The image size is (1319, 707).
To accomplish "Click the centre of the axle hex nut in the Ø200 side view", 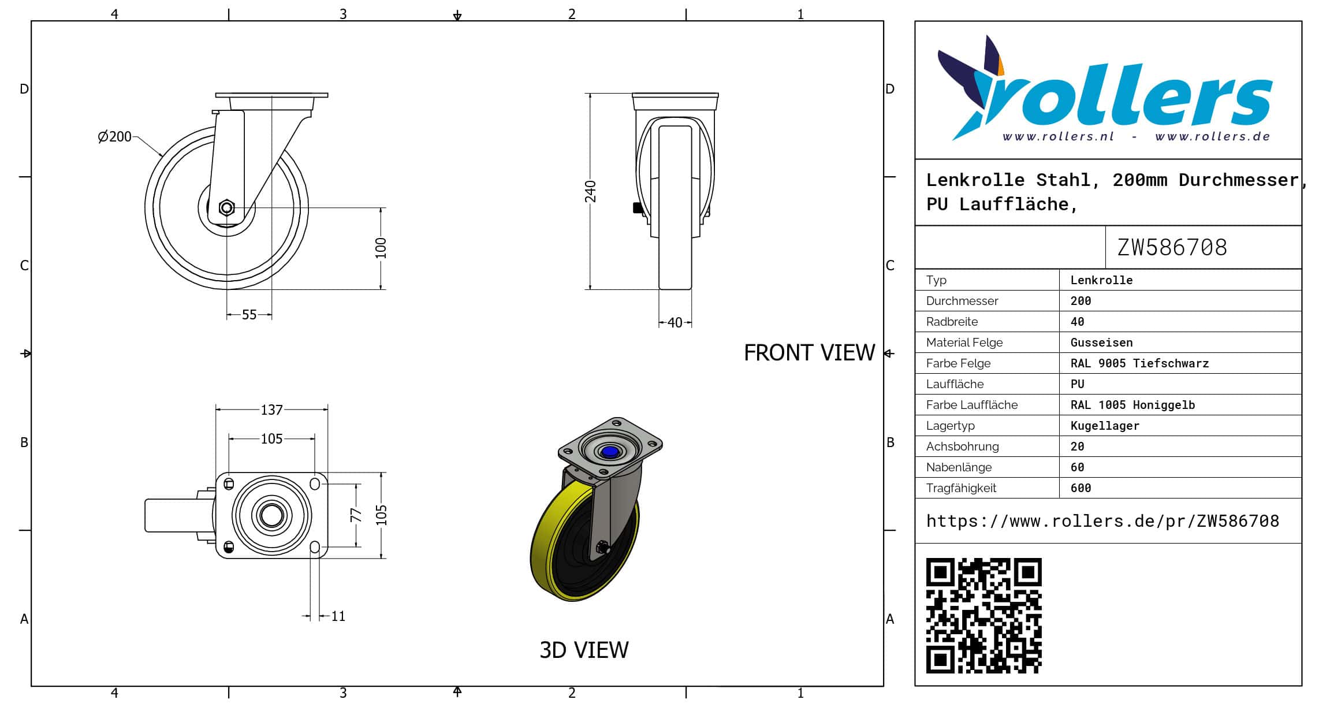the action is tap(226, 207).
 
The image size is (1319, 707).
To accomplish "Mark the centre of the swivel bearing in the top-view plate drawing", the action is tap(271, 515).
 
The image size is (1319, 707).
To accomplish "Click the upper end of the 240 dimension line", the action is tap(590, 94).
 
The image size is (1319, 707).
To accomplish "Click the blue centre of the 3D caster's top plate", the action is tap(609, 452).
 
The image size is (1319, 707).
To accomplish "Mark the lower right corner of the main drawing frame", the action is tap(883, 686).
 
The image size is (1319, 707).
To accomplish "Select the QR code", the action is tap(983, 615).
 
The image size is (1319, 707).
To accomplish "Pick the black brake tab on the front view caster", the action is tap(638, 207).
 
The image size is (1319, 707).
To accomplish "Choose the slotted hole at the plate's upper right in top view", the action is tap(315, 483).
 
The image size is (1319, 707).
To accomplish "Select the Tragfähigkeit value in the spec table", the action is tap(1080, 488).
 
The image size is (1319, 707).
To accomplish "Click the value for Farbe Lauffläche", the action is tap(1132, 405).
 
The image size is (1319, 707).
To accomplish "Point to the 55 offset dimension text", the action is tap(249, 315).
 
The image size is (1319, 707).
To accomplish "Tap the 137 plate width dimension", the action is tap(271, 410).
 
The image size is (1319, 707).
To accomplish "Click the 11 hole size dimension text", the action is tap(338, 616).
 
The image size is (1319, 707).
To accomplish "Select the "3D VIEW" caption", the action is tap(584, 650).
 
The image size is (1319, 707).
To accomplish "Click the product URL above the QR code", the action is tap(1102, 521).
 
